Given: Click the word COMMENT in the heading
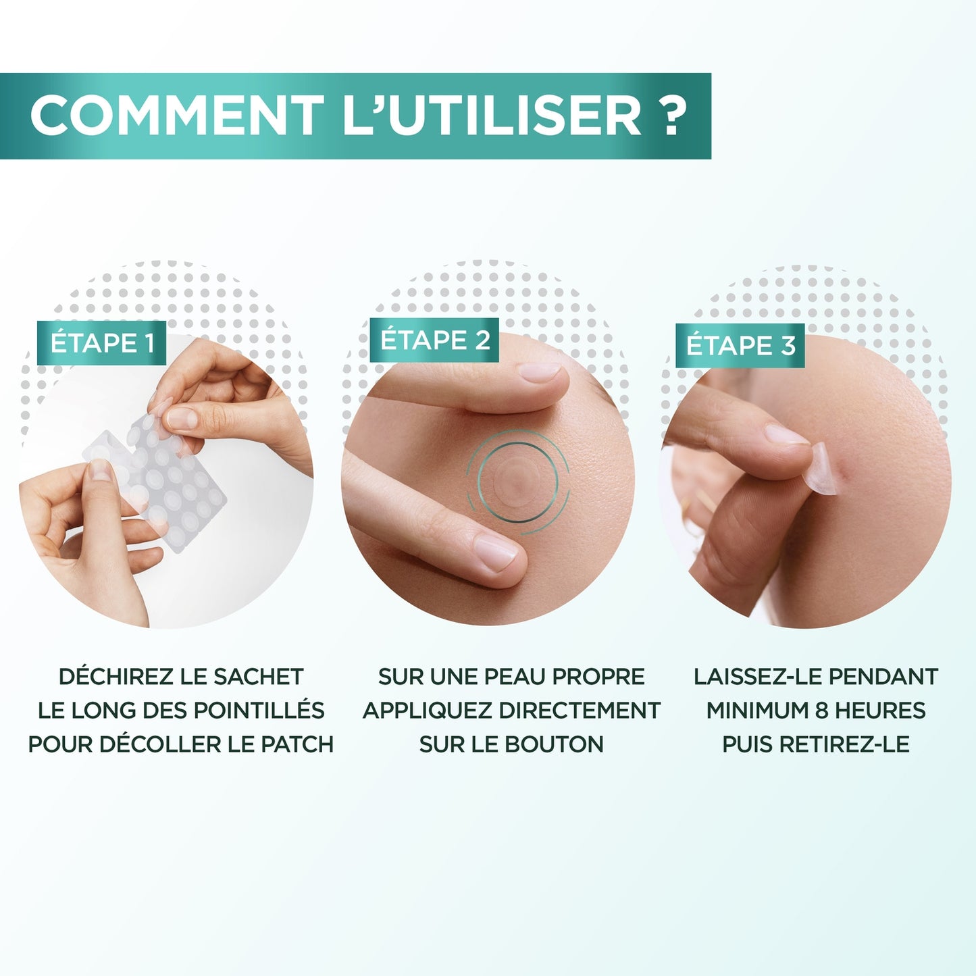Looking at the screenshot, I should (176, 116).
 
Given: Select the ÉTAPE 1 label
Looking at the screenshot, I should (102, 343).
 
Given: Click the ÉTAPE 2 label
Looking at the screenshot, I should (434, 340).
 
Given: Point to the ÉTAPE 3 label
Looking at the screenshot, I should (740, 346).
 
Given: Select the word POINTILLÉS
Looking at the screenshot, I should (259, 711).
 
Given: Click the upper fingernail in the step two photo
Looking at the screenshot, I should (538, 371).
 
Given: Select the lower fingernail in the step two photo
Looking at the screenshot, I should (496, 551).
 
